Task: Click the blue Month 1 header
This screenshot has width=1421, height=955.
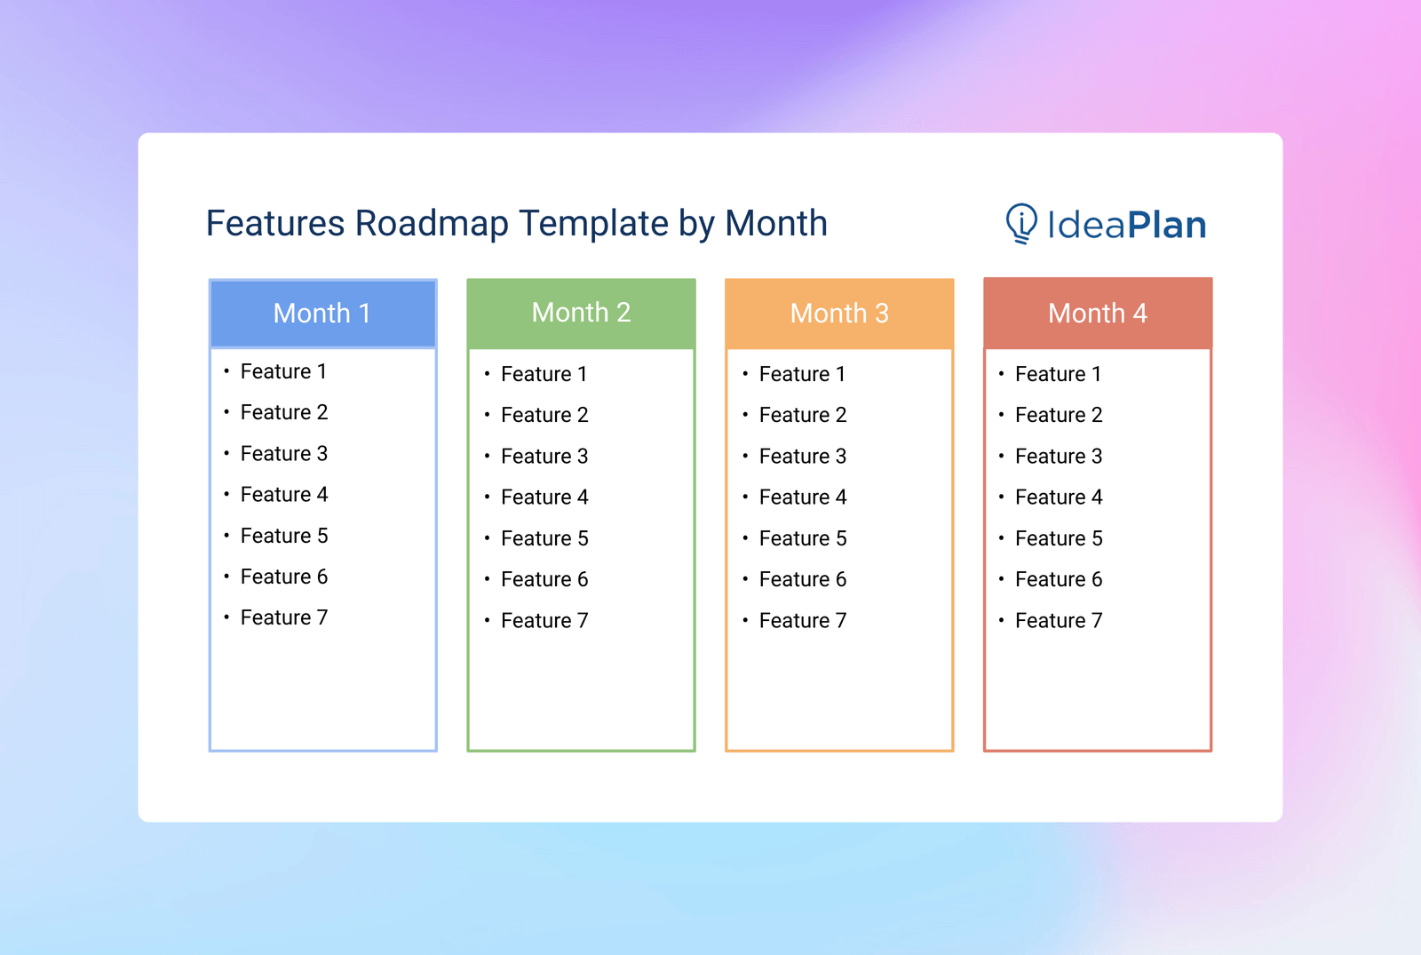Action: pos(322,313)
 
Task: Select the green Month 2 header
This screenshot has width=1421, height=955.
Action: pos(581,313)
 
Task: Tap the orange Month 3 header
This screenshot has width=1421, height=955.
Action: pos(839,313)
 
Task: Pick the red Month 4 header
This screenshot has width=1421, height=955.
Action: pos(1098,313)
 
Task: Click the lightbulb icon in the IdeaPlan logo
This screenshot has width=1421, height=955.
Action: pos(1021,223)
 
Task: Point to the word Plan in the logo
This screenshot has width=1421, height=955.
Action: pos(1167,226)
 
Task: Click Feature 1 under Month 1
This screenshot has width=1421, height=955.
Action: pos(283,371)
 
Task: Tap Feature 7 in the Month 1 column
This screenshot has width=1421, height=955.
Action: pos(283,617)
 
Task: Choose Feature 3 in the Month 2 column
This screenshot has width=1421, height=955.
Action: pos(544,456)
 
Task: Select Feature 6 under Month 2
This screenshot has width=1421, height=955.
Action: pos(544,579)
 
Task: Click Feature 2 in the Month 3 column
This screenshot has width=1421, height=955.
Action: pos(802,415)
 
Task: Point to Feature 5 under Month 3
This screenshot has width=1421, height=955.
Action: pos(802,538)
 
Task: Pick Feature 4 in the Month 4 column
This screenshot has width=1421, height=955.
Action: pos(1058,497)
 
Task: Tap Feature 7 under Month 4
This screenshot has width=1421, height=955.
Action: pos(1058,620)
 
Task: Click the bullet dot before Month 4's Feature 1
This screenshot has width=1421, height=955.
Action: pos(1001,374)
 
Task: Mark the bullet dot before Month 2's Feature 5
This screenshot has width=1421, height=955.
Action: pos(487,538)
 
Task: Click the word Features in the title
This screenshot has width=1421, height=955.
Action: pos(275,224)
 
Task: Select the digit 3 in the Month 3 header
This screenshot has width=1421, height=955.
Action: pos(881,314)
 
